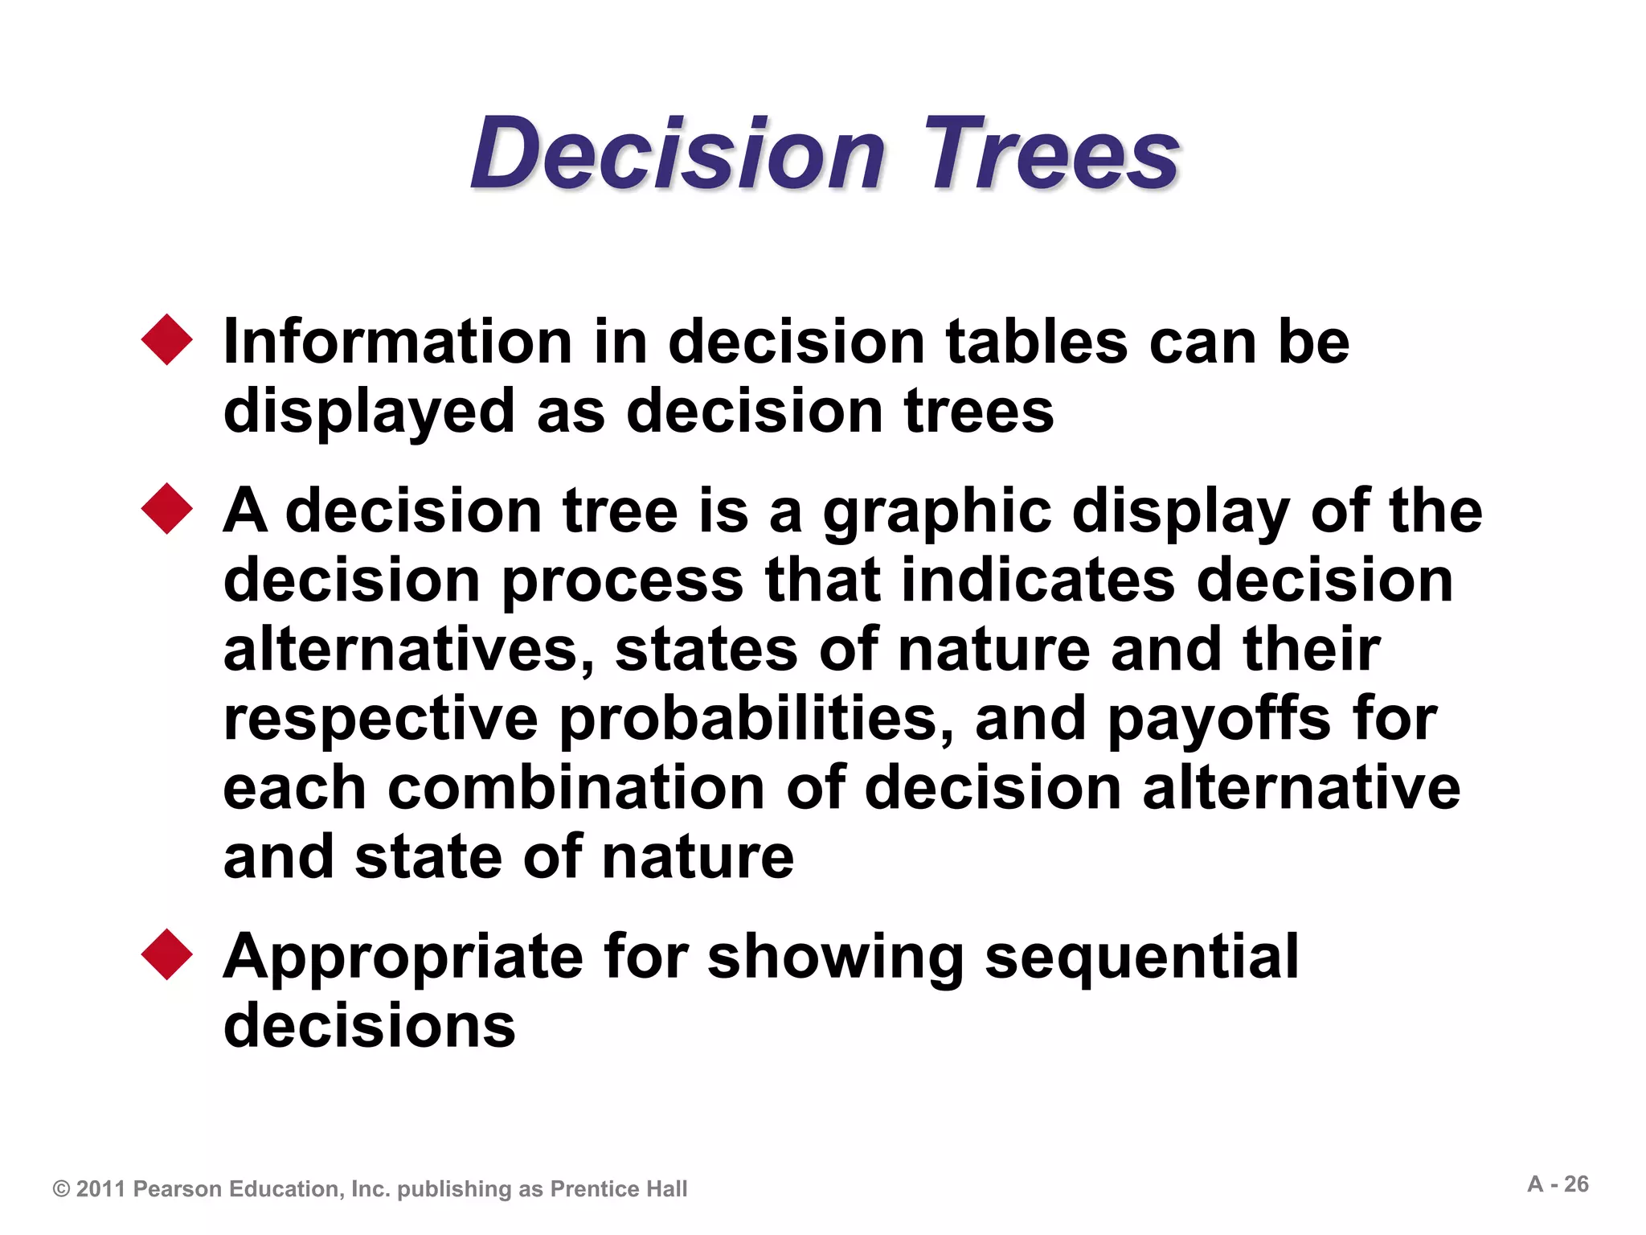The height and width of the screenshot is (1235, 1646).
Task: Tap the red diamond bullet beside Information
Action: click(x=167, y=340)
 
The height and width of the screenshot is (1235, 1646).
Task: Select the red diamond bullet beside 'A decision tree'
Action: click(x=167, y=509)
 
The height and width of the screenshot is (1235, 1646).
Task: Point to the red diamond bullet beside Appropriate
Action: click(x=167, y=954)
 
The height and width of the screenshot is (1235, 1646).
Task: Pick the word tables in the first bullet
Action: click(x=1037, y=342)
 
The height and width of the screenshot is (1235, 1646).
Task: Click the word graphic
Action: click(x=937, y=513)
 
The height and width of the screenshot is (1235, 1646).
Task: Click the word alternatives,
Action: click(x=408, y=650)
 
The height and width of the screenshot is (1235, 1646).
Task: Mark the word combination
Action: click(x=576, y=788)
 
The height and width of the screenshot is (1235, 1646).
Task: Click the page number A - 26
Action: click(x=1558, y=1184)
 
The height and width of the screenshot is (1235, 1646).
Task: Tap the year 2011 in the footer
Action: click(x=100, y=1189)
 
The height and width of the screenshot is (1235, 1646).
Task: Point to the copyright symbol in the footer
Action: click(x=61, y=1189)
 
